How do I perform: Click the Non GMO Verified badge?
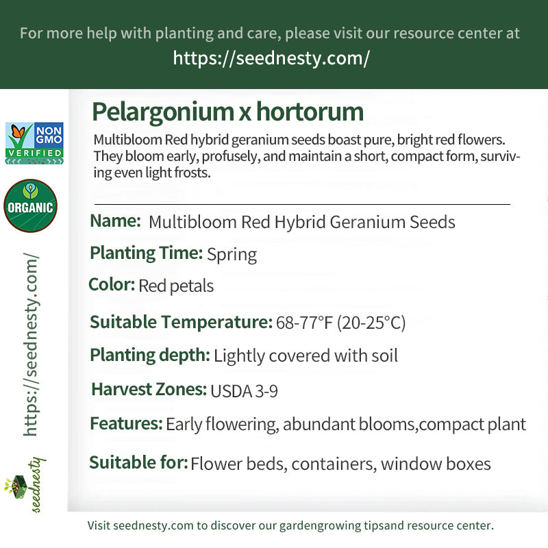point(34,143)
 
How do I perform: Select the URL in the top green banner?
point(271,58)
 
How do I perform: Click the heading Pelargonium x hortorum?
point(227,112)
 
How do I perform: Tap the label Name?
point(115,221)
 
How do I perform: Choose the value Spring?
point(232,255)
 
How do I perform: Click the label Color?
point(112,284)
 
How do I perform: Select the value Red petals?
point(176,286)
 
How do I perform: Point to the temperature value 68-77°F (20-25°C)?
point(340,323)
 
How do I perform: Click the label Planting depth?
point(150,356)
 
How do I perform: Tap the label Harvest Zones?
point(149,390)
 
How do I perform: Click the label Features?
point(126,423)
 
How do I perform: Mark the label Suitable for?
point(138,463)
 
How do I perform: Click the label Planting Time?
point(146,253)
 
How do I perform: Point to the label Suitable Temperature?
point(181,322)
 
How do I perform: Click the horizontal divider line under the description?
point(301,204)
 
